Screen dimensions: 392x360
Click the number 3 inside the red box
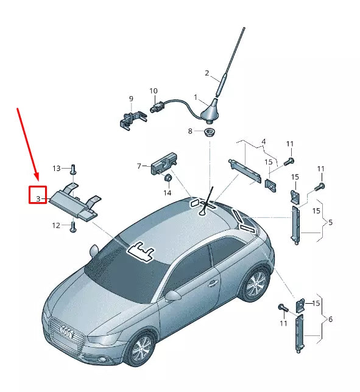[x=38, y=198]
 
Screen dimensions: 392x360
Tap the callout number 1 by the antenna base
[x=196, y=97]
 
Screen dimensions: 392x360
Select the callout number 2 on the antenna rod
[x=207, y=74]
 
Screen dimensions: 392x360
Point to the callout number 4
[x=263, y=141]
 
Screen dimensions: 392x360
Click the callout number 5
[x=330, y=222]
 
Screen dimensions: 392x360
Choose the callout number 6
[x=330, y=320]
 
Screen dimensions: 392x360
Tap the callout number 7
[x=139, y=166]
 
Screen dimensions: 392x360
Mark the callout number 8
[x=190, y=131]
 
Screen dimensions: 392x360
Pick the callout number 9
[x=130, y=99]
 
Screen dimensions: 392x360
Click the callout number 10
[x=154, y=91]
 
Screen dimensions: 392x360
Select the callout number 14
[x=167, y=193]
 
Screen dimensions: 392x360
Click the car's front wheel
[x=142, y=349]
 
